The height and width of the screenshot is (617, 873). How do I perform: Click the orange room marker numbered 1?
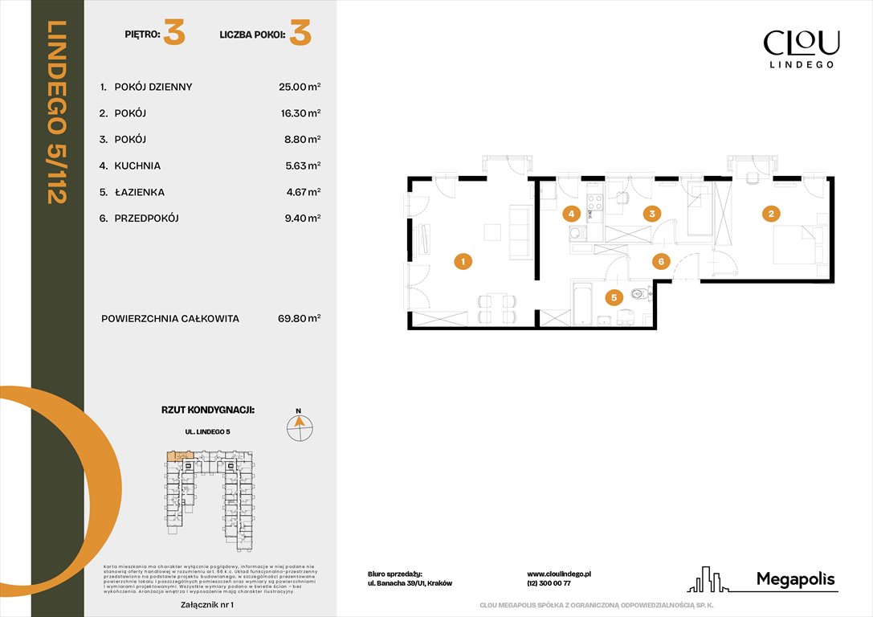[462, 261]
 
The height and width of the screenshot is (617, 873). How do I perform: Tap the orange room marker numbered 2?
[771, 214]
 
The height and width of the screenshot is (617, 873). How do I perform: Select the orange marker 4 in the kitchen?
[571, 214]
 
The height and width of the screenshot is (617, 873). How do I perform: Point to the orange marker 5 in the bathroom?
[614, 298]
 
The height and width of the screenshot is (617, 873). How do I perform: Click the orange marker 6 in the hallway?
[660, 261]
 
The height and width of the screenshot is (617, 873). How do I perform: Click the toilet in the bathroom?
[638, 295]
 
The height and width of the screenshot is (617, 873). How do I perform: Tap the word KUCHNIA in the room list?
[137, 165]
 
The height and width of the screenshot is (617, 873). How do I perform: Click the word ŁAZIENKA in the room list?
[141, 192]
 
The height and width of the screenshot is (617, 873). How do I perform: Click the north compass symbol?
[300, 427]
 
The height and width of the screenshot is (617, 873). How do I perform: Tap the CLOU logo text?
[801, 42]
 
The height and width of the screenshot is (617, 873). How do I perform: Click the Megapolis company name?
[796, 579]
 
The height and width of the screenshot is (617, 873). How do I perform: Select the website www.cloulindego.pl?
[559, 574]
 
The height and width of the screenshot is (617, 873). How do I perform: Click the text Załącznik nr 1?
[207, 603]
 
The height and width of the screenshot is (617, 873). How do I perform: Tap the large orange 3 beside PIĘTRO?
[174, 35]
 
